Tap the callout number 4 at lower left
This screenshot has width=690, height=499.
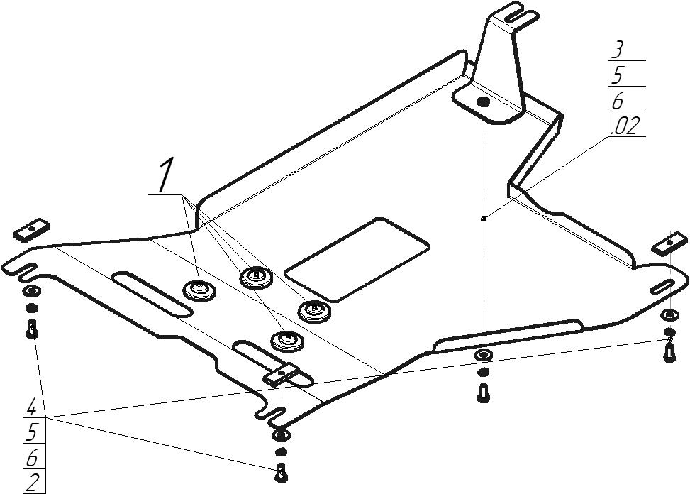[x=32, y=407]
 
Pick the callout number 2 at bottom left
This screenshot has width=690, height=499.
[x=32, y=484]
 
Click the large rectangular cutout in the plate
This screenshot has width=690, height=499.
[x=357, y=259]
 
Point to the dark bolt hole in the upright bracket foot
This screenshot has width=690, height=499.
[x=483, y=102]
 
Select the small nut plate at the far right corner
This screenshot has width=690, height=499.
[x=669, y=243]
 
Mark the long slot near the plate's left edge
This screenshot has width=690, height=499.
[x=152, y=294]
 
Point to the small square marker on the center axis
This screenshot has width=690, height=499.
[x=483, y=218]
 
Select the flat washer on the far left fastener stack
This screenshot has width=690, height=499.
[x=32, y=291]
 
